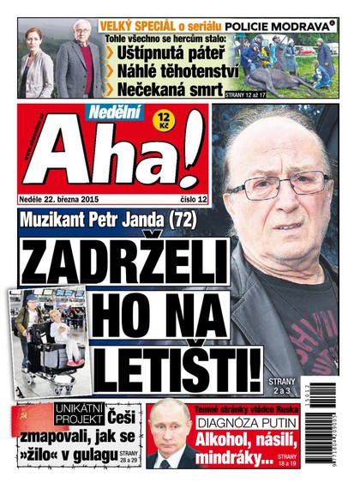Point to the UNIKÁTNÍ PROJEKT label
click(76, 414)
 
